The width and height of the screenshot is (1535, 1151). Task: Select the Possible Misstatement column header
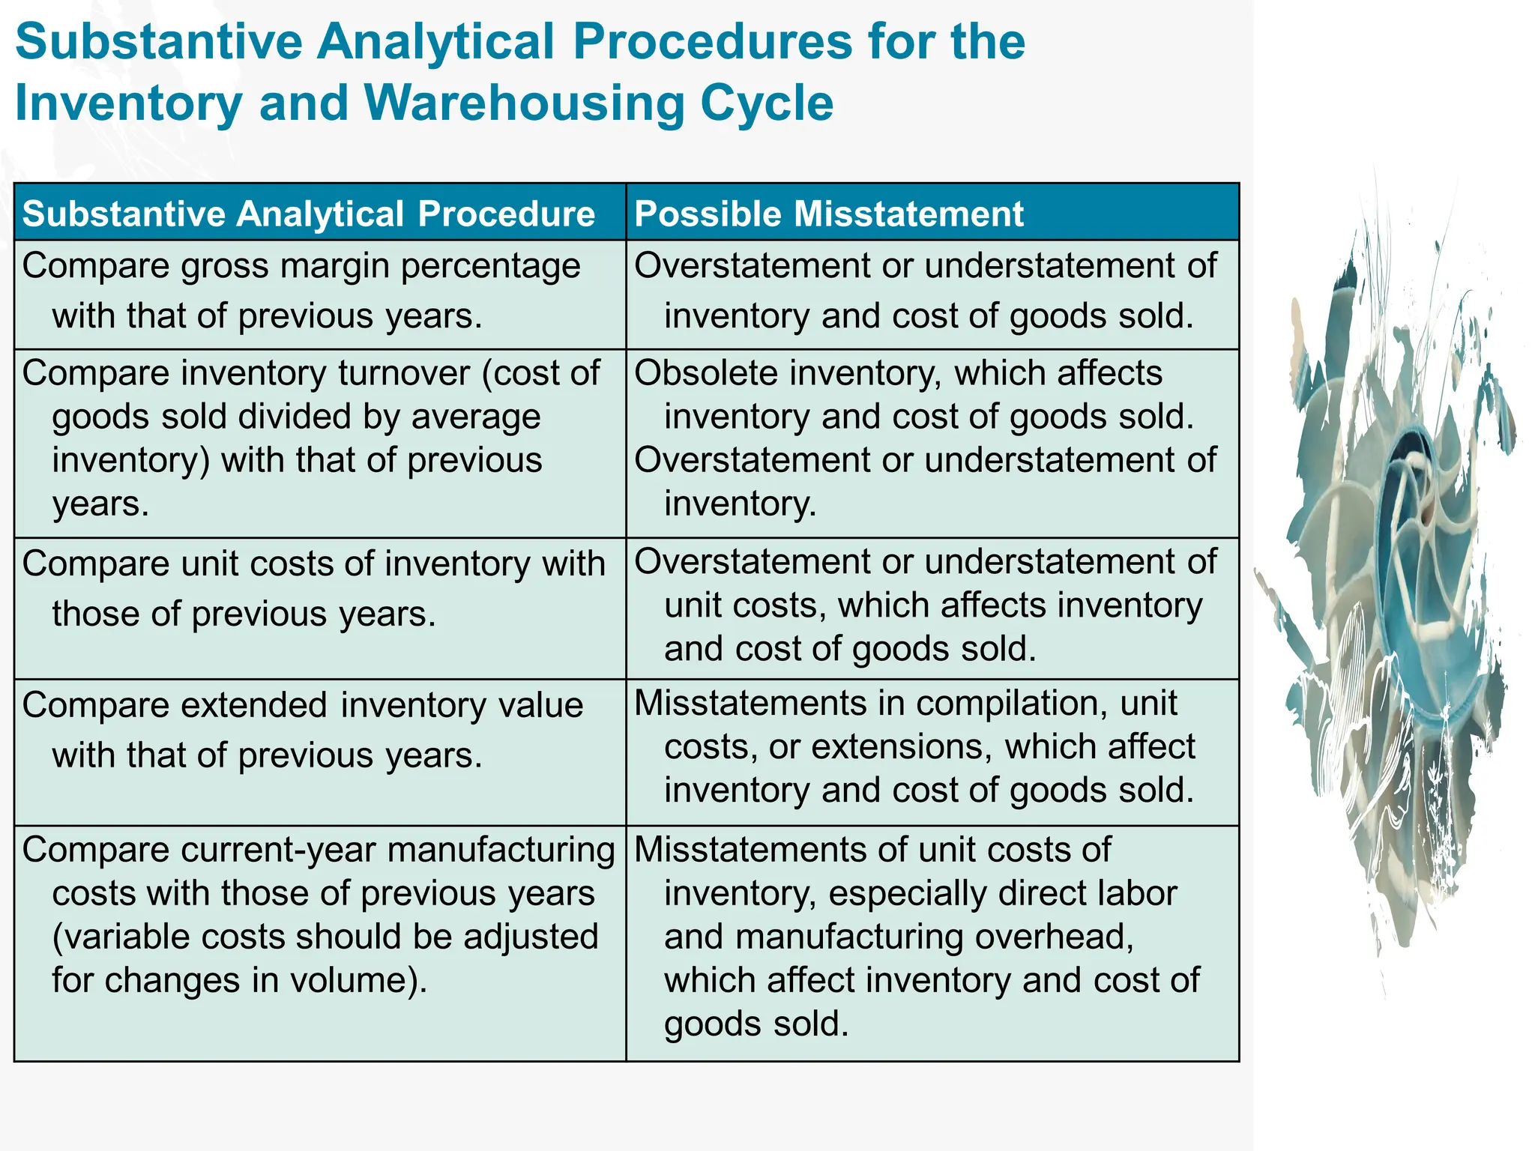tap(828, 214)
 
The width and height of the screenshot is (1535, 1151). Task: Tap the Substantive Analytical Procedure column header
tap(308, 214)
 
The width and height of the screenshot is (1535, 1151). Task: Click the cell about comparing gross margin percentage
tap(319, 293)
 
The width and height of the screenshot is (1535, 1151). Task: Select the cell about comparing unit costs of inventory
tap(319, 607)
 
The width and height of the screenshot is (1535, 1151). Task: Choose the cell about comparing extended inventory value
tap(319, 752)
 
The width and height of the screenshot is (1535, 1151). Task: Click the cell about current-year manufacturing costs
tap(319, 943)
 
